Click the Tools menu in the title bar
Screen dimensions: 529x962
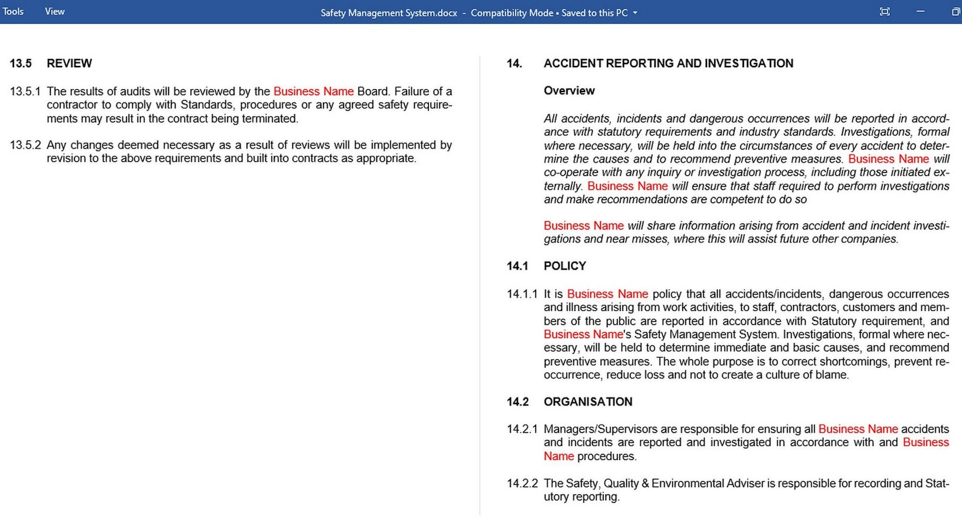tap(13, 12)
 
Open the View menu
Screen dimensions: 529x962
tap(55, 12)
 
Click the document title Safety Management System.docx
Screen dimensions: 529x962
tap(388, 13)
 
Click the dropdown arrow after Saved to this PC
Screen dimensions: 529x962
tap(635, 13)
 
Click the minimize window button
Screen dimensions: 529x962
tap(920, 12)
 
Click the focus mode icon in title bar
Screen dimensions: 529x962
tap(884, 12)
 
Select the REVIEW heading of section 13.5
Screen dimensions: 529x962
tap(69, 64)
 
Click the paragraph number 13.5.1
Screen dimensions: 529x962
tap(25, 91)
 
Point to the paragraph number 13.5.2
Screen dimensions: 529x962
tap(25, 145)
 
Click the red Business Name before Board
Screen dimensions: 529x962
tap(313, 91)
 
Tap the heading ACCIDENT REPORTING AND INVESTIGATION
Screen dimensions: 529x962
tap(668, 64)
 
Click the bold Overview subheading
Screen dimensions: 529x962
tap(569, 91)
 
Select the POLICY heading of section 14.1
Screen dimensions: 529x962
tap(565, 266)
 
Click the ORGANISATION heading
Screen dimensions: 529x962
tap(588, 402)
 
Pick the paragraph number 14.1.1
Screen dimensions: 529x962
tap(522, 294)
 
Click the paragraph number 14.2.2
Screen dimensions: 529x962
tap(522, 484)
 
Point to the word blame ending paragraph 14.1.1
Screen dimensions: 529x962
tap(831, 375)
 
